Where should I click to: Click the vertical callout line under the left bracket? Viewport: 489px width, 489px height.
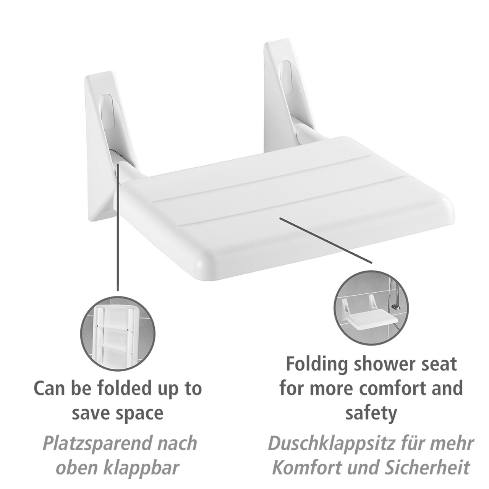[118, 227]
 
